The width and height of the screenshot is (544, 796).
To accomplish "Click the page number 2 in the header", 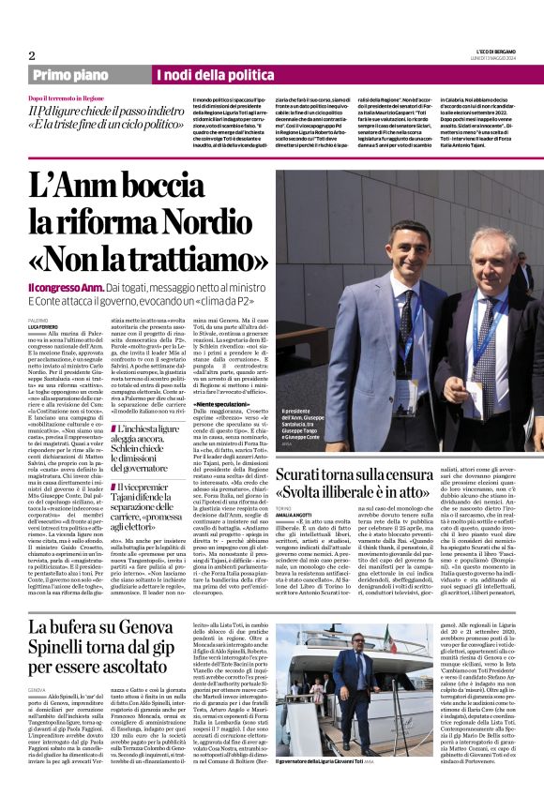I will [x=32, y=55].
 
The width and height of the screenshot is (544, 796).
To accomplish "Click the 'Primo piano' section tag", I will [x=71, y=75].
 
